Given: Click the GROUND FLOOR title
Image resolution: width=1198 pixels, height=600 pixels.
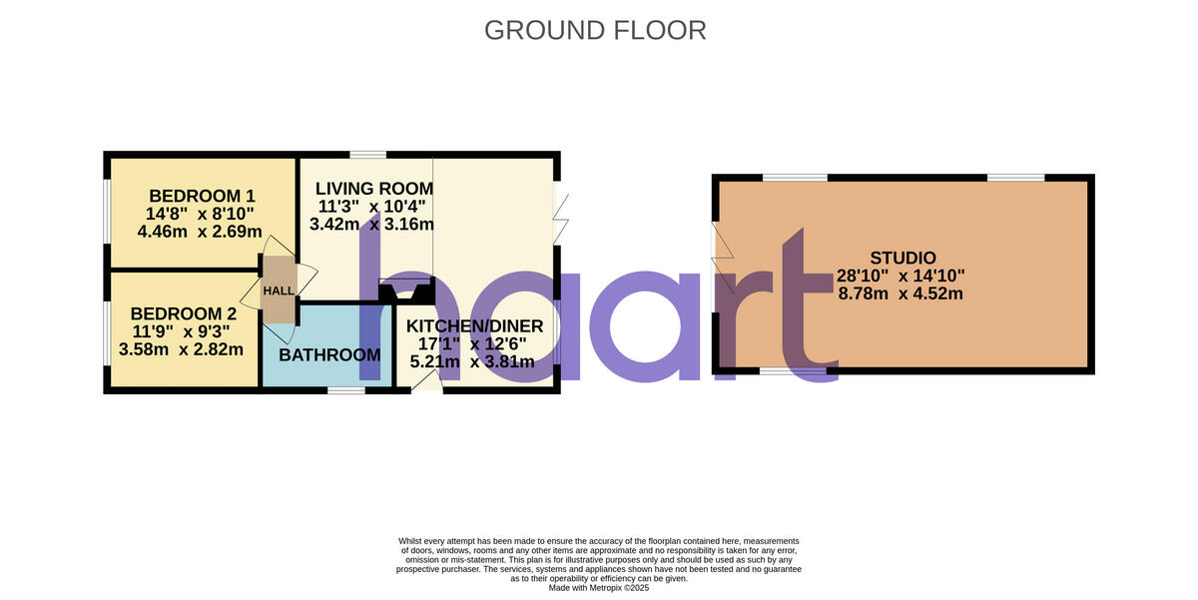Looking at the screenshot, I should [x=595, y=30].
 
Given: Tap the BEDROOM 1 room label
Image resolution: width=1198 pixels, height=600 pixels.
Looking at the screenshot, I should [x=196, y=196].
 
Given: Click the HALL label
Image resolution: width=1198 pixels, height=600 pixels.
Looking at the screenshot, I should [x=280, y=291].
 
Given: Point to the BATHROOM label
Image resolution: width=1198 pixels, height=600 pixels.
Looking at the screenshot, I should [x=329, y=355].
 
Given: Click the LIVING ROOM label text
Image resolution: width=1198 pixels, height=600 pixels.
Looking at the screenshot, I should [x=374, y=189].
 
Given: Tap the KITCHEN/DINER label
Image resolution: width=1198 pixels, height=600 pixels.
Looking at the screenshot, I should [x=474, y=325].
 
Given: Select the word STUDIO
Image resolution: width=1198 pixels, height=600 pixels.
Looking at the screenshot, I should [x=901, y=258].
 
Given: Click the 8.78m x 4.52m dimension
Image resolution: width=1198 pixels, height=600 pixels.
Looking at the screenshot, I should [x=900, y=294].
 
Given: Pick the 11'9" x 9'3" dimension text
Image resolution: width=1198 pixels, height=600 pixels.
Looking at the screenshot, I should [x=182, y=330].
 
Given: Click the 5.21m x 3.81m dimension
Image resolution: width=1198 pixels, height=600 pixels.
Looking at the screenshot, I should [x=474, y=361].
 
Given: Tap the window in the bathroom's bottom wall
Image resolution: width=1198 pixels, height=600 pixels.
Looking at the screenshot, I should [x=346, y=389].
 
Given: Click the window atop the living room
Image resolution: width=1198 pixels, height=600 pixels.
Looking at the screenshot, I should [x=368, y=155].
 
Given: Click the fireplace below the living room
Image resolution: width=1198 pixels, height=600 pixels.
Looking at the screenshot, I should [x=407, y=291].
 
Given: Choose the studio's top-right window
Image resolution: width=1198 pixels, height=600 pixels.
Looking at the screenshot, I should [x=1016, y=178].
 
